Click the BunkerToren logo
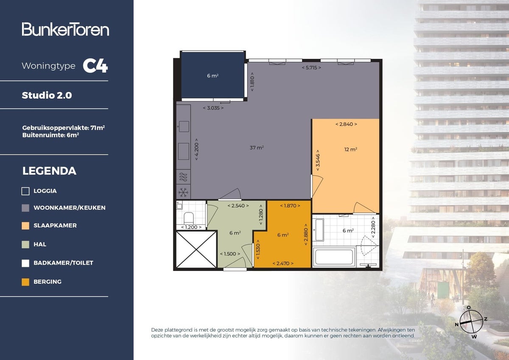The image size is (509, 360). pyautogui.click(x=65, y=29)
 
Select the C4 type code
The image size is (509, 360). pyautogui.click(x=95, y=66)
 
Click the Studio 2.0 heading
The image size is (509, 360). pyautogui.click(x=47, y=95)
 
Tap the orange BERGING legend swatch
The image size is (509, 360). pyautogui.click(x=25, y=282)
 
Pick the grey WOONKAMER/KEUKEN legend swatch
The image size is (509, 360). pyautogui.click(x=25, y=208)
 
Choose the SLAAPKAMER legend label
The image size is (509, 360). pyautogui.click(x=55, y=226)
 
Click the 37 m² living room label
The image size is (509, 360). pyautogui.click(x=257, y=148)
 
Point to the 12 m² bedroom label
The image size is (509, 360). pyautogui.click(x=350, y=149)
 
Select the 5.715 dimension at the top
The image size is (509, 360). pyautogui.click(x=311, y=68)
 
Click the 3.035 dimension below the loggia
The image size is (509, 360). pyautogui.click(x=213, y=108)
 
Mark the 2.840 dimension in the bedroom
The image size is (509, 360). pyautogui.click(x=346, y=124)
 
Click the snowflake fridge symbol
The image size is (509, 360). pyautogui.click(x=183, y=193)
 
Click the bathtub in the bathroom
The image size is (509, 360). pyautogui.click(x=334, y=257)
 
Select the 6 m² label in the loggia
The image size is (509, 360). pyautogui.click(x=213, y=76)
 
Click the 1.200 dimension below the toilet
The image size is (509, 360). pyautogui.click(x=191, y=227)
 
